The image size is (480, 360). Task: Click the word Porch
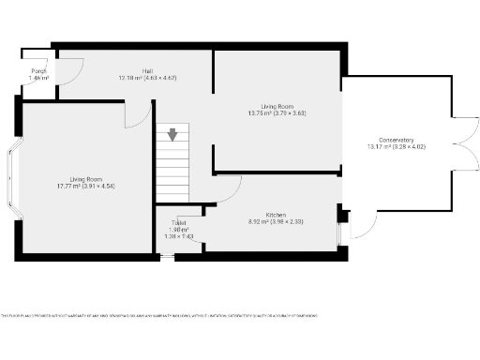pos(38,71)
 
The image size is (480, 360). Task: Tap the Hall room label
pos(148,71)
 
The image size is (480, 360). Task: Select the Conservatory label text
pos(390,140)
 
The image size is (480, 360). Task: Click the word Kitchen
pos(275,215)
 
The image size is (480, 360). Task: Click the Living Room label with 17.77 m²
pos(85,179)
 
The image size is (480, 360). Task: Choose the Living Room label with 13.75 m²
pos(277,106)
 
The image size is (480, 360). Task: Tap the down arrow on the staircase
pos(172,135)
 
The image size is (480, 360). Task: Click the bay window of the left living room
pos(12,176)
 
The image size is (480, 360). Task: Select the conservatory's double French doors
pos(459,141)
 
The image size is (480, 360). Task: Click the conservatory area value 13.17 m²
pos(376,147)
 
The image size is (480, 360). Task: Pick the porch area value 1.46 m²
pos(38,79)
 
